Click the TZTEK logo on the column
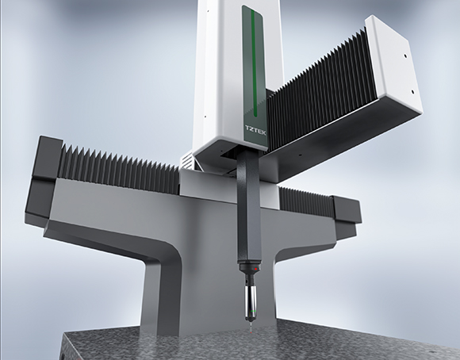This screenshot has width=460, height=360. (x=255, y=130)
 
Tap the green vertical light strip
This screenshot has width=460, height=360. (x=254, y=63)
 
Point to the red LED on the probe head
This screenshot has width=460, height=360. (x=256, y=269)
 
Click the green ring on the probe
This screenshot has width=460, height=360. (x=252, y=310)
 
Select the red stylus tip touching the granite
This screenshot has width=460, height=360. (x=252, y=332)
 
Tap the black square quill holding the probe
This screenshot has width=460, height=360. (x=249, y=205)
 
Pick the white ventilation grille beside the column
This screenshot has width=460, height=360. (x=186, y=161)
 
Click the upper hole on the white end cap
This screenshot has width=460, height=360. (x=405, y=56)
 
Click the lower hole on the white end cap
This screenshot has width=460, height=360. (x=412, y=91)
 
